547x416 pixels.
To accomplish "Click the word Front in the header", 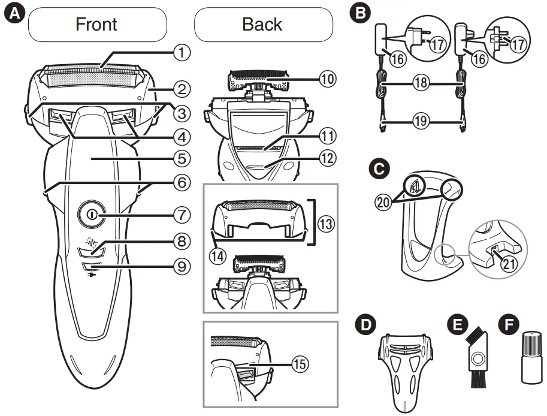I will tap(96, 24).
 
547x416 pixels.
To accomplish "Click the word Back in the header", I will tap(262, 24).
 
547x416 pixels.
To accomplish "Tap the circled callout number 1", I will tap(182, 53).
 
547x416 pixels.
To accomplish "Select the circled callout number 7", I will tap(182, 214).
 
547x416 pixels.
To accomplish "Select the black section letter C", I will tap(378, 170).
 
